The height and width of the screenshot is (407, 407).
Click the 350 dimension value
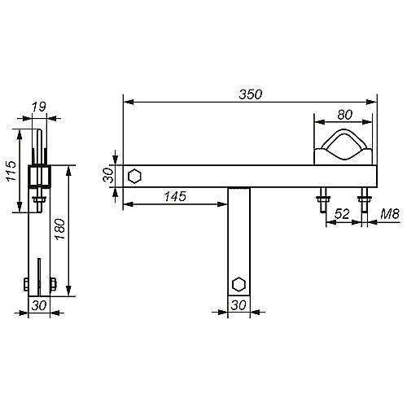click(251, 94)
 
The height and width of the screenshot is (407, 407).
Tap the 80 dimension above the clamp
click(345, 115)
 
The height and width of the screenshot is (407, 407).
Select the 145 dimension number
click(175, 196)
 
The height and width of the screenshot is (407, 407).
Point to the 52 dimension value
click(342, 214)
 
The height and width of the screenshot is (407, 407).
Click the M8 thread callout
click(390, 214)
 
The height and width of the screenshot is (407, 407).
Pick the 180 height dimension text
click(60, 230)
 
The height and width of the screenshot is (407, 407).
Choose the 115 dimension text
click(11, 171)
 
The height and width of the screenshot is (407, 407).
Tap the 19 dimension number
click(39, 107)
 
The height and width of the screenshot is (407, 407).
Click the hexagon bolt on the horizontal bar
click(134, 177)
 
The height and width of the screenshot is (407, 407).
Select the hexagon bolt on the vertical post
click(239, 284)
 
